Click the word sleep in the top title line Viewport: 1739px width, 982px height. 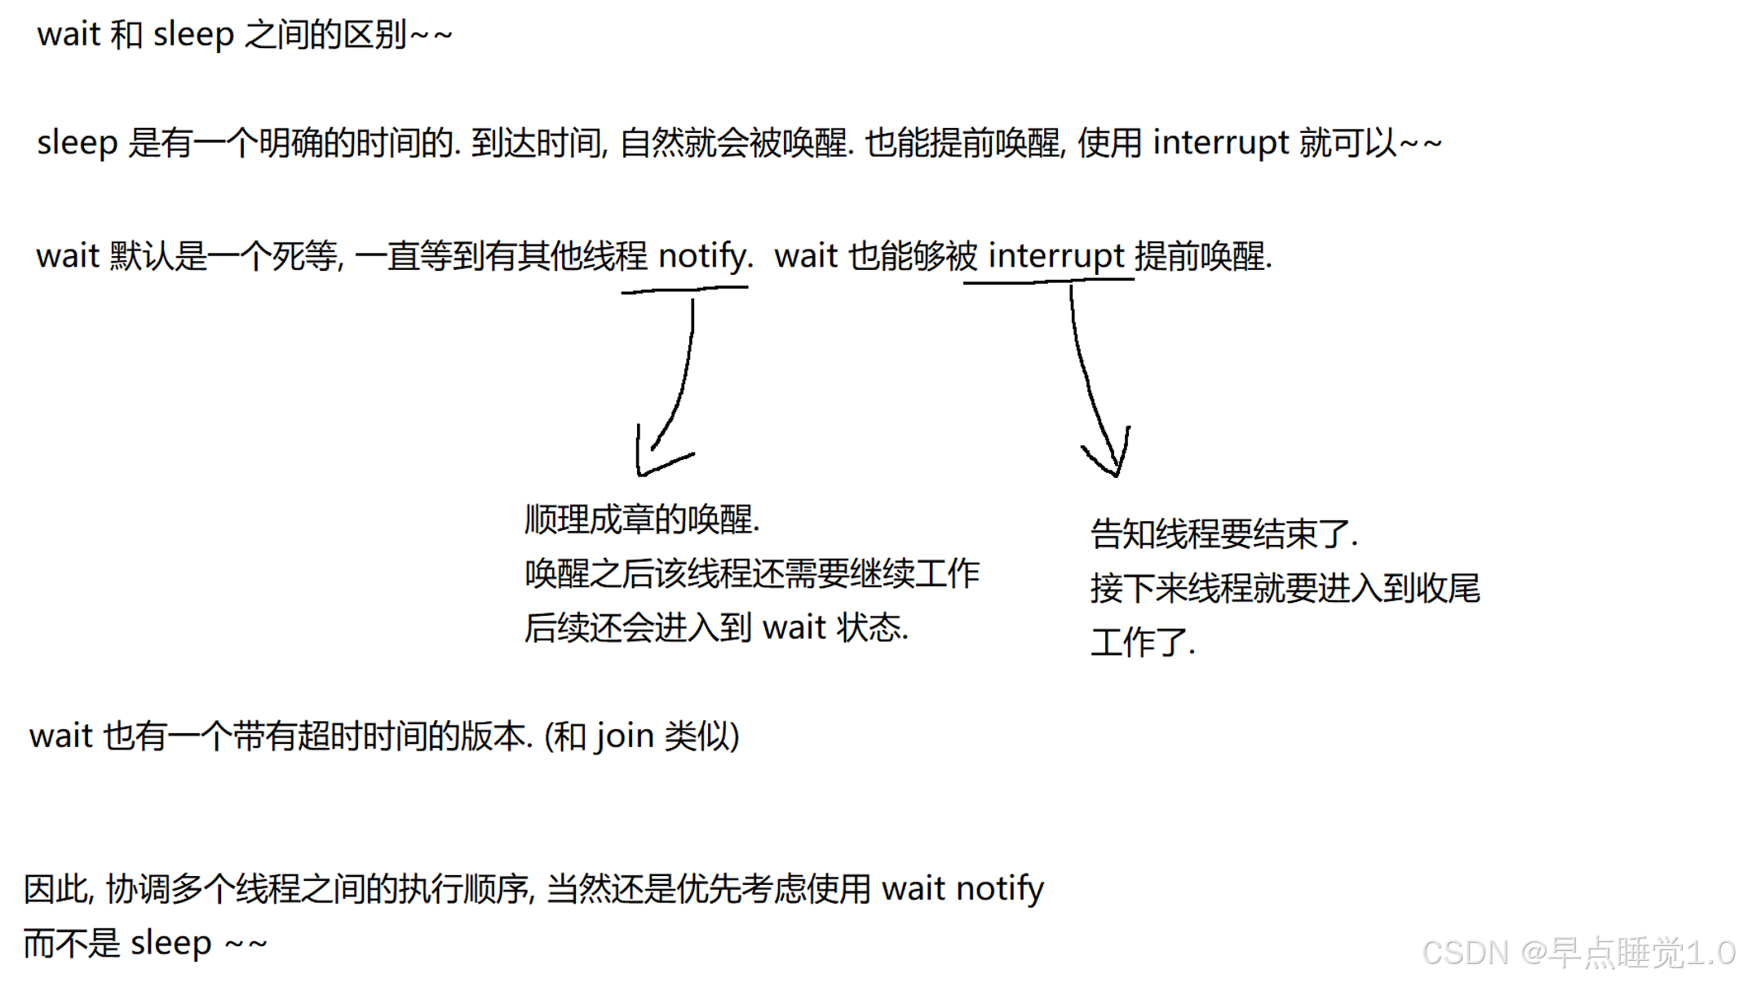tap(193, 35)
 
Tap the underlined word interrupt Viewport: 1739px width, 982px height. tap(1056, 256)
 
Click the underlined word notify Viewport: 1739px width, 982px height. tap(704, 256)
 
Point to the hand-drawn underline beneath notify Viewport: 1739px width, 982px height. tap(684, 289)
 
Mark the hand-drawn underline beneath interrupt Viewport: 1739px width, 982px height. tap(1048, 281)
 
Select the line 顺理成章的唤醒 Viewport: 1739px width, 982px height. tap(642, 520)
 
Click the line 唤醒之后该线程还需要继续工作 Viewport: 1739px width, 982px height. tap(751, 573)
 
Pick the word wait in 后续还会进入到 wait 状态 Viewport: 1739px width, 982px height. tap(794, 628)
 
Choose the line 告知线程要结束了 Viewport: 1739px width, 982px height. tap(1223, 534)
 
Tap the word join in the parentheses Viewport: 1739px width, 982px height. tap(623, 736)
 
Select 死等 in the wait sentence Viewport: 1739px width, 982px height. tap(304, 256)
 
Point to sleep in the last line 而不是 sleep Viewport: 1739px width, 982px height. tap(170, 943)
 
